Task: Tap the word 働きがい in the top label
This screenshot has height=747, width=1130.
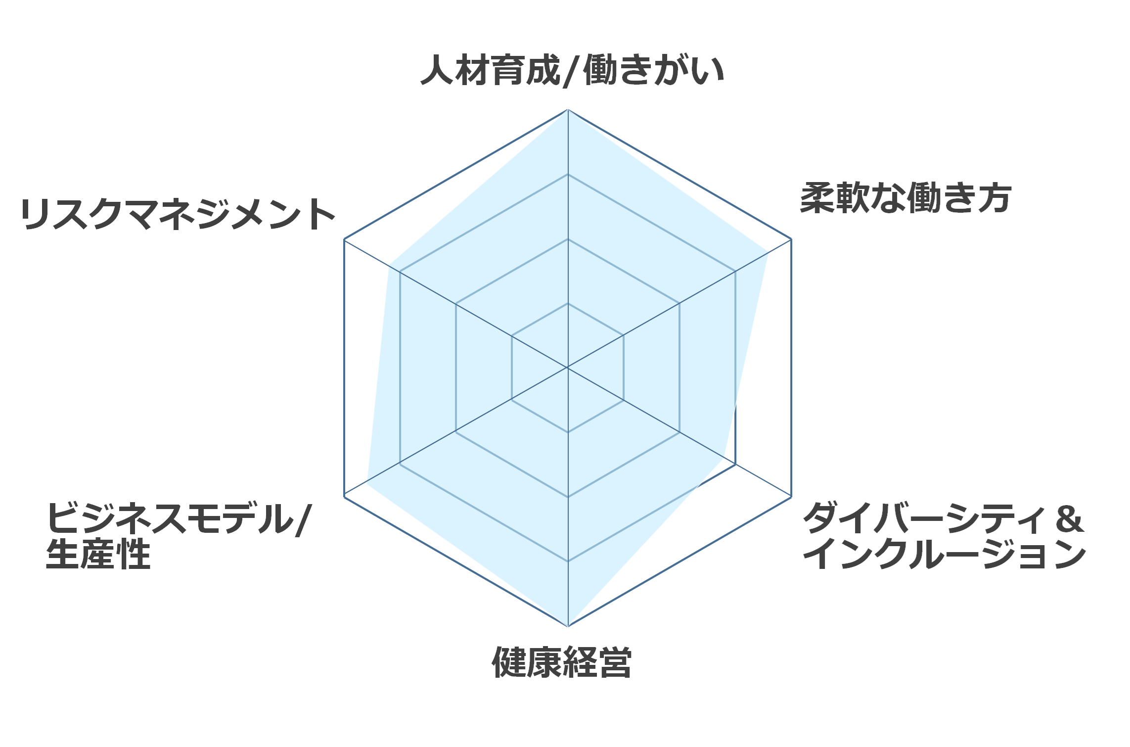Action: pyautogui.click(x=654, y=70)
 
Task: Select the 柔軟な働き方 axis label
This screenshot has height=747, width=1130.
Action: pyautogui.click(x=905, y=198)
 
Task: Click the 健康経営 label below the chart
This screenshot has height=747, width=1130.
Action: pyautogui.click(x=562, y=662)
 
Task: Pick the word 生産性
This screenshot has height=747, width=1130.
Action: pyautogui.click(x=98, y=554)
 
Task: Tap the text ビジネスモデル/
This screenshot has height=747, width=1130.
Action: pyautogui.click(x=179, y=518)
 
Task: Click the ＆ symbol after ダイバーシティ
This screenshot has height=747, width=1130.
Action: pyautogui.click(x=1070, y=519)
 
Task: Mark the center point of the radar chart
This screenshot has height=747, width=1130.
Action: pyautogui.click(x=568, y=368)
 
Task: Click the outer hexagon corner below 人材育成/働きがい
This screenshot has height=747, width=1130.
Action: pyautogui.click(x=568, y=110)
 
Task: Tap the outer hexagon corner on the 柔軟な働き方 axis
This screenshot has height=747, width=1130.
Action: pyautogui.click(x=791, y=239)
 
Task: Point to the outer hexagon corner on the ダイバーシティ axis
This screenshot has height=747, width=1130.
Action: pyautogui.click(x=791, y=497)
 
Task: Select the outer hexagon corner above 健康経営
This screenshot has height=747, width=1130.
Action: pyautogui.click(x=568, y=626)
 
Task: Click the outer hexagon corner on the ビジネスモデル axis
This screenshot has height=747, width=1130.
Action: pyautogui.click(x=344, y=497)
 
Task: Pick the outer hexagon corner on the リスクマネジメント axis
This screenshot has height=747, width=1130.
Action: pyautogui.click(x=344, y=239)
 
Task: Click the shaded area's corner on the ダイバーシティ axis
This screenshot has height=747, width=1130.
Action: pyautogui.click(x=724, y=458)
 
